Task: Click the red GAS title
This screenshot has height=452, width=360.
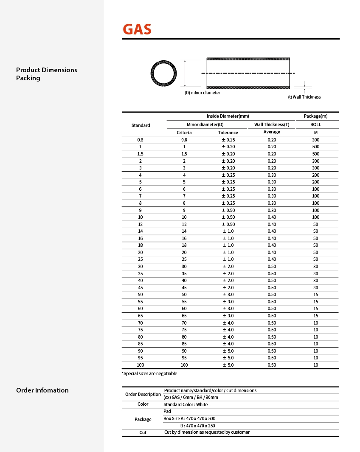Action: [x=137, y=29]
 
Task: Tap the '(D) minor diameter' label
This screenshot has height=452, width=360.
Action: [x=202, y=93]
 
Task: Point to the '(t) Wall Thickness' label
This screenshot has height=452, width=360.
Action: [x=304, y=97]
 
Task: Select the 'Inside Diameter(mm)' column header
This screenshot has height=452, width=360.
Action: [x=228, y=116]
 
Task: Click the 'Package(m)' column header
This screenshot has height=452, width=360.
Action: [x=315, y=116]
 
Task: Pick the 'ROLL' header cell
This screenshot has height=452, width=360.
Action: [x=315, y=124]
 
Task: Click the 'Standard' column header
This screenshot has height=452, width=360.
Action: [x=141, y=125]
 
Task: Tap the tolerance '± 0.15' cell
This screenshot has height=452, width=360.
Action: [x=228, y=140]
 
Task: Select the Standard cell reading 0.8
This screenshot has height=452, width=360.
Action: [x=141, y=140]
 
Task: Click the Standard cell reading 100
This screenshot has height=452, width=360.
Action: [x=141, y=365]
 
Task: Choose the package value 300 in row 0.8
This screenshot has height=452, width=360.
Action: [x=315, y=140]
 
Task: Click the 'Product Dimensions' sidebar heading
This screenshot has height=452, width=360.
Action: [x=47, y=70]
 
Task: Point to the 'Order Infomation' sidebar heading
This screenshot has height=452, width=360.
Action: [x=42, y=390]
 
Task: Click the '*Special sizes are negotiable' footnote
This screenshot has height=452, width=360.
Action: [x=149, y=373]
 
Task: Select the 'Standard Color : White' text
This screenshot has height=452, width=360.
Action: [x=186, y=404]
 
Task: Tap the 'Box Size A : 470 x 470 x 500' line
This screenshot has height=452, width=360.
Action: [x=189, y=418]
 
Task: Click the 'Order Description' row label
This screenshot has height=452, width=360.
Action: [x=143, y=394]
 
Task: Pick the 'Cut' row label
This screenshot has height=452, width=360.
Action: [x=143, y=432]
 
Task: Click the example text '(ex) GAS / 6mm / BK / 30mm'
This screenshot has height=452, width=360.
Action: [x=191, y=397]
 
